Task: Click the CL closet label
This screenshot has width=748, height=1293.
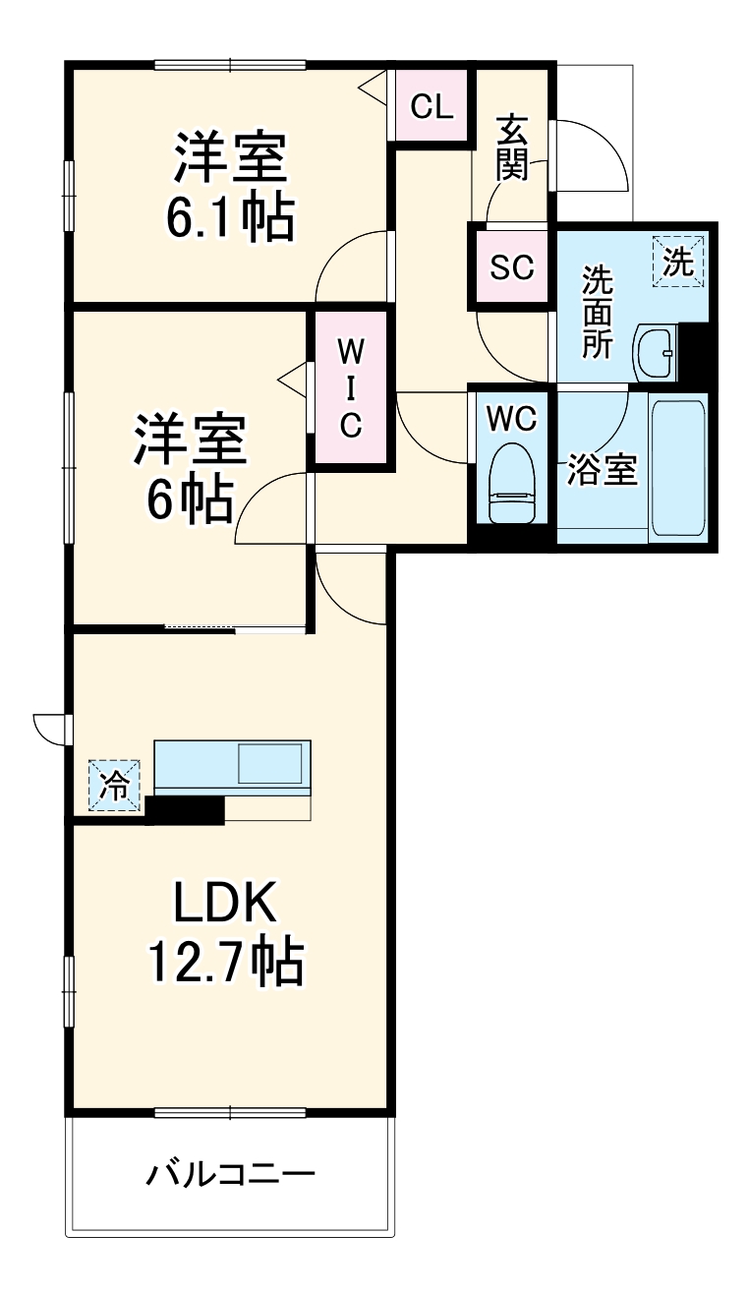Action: pos(432,106)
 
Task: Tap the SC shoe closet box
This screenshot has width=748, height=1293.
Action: pos(511,266)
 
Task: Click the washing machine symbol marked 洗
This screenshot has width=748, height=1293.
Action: pos(678,261)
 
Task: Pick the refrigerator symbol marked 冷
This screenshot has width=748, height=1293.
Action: pos(115,786)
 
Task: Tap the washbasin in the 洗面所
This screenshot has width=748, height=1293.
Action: pos(654,351)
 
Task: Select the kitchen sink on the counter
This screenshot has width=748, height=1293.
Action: pos(270,764)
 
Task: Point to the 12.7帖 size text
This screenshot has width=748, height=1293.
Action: pos(225,963)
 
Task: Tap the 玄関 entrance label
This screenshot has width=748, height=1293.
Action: pos(512,147)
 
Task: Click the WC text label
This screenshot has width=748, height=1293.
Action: pos(511,419)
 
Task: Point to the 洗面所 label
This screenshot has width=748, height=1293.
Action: pos(597,312)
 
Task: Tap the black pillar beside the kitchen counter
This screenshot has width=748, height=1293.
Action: pos(186,809)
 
